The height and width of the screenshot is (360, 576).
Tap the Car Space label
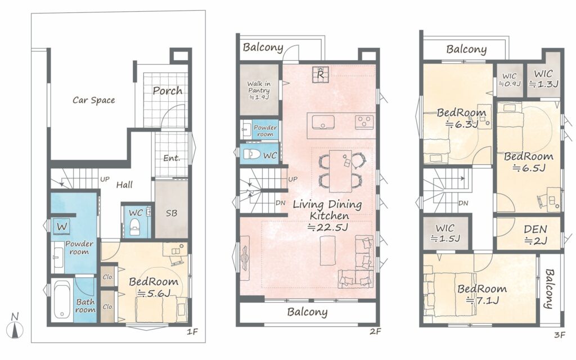click(x=94, y=100)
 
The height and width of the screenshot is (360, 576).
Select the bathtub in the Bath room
click(x=62, y=299)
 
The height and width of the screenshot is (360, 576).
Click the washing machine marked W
click(x=62, y=226)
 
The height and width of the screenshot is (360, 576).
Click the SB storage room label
click(x=171, y=213)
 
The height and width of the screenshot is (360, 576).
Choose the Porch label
click(x=168, y=91)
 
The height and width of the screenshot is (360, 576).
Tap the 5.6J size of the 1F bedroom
click(x=154, y=293)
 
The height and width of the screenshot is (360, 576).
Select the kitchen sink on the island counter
click(x=323, y=122)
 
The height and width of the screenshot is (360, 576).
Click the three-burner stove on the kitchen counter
click(x=364, y=122)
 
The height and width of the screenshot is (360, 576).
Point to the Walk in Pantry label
click(x=259, y=87)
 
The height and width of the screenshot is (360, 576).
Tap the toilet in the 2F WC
click(x=253, y=154)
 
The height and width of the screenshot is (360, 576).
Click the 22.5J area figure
click(x=328, y=227)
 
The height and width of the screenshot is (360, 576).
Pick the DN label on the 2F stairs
click(x=280, y=202)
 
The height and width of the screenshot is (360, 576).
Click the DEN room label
click(x=535, y=229)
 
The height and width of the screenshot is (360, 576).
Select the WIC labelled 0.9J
click(x=510, y=80)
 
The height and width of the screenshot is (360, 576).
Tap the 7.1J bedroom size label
click(x=483, y=300)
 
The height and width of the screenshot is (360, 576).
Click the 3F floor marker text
click(x=560, y=335)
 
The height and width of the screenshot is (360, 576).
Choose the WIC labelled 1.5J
click(x=445, y=233)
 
